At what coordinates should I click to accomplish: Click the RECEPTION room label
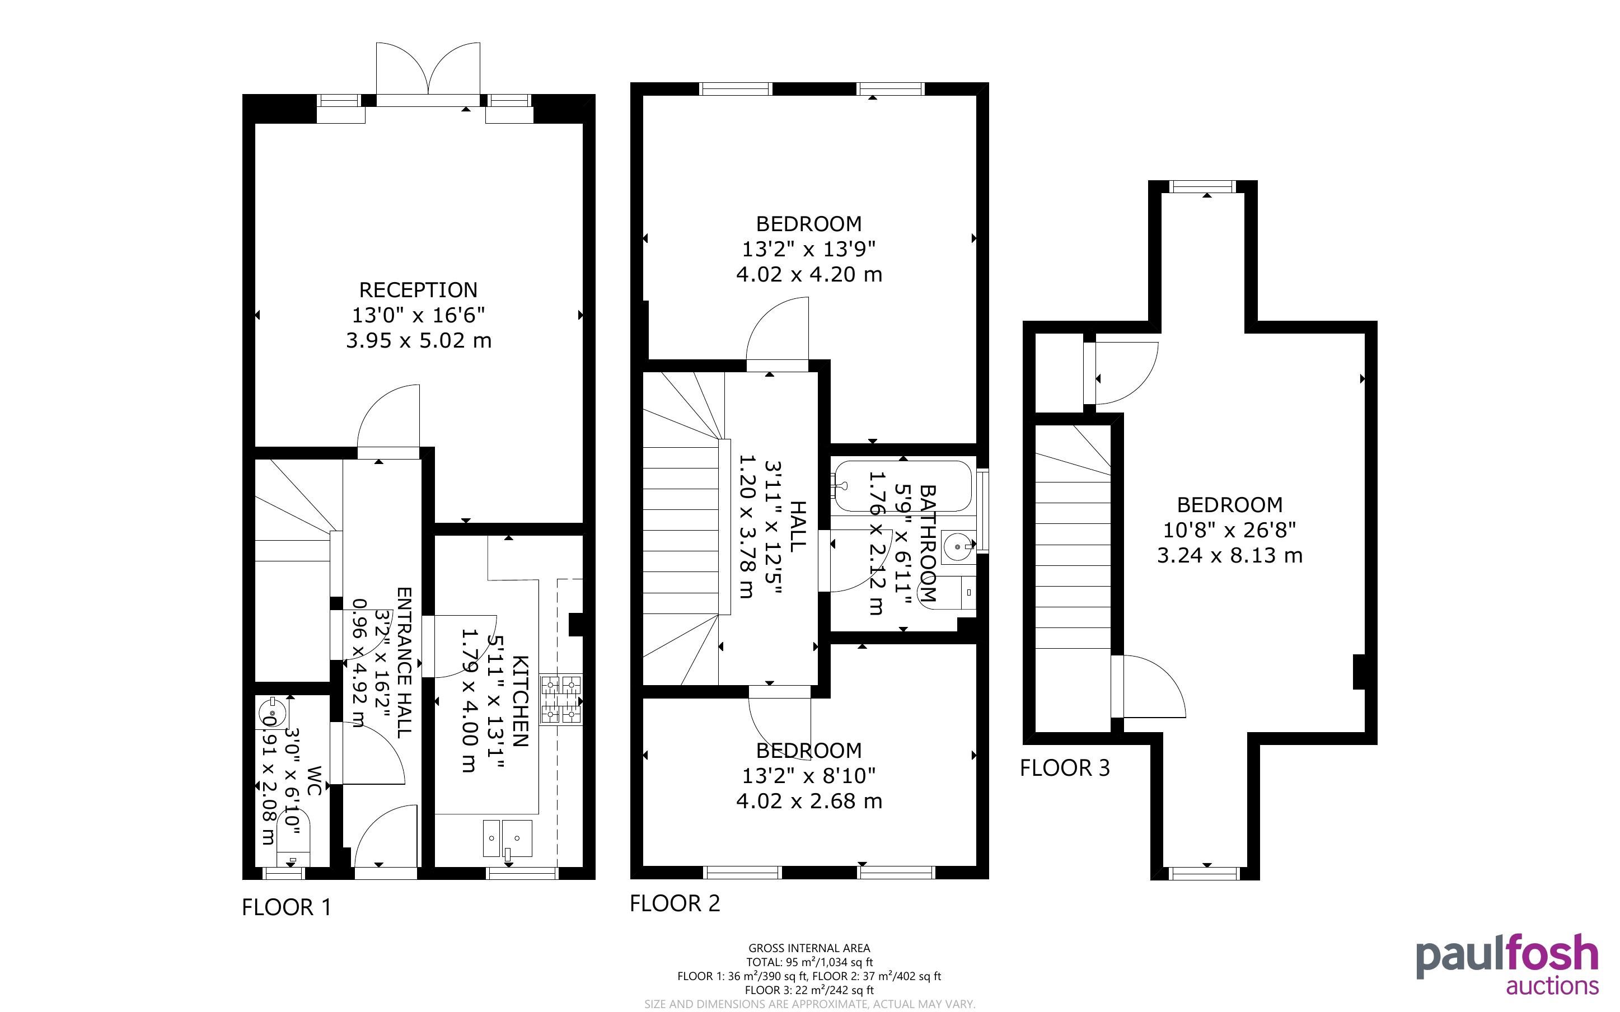[418, 290]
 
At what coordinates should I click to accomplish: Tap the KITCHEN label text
[521, 701]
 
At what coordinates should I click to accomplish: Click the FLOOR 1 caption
[287, 907]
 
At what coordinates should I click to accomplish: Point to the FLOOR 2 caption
[675, 903]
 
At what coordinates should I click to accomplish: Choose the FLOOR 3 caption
[1065, 768]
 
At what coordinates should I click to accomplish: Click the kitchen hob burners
[561, 700]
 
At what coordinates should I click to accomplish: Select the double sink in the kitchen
[507, 838]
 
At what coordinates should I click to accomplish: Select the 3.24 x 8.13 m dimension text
[1230, 555]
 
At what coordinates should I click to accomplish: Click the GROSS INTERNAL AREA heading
[809, 948]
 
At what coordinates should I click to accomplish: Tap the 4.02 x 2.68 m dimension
[809, 801]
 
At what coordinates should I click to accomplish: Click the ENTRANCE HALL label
[404, 663]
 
